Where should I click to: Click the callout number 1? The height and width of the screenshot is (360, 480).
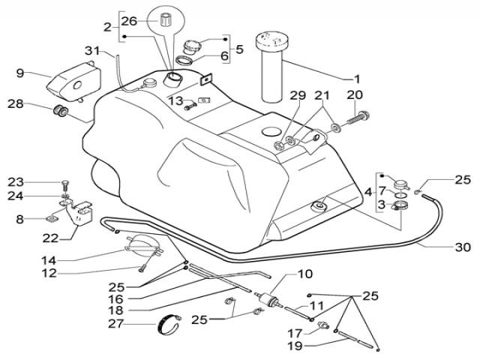click(x=357, y=79)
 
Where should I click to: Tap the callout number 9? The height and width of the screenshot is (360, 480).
click(x=20, y=73)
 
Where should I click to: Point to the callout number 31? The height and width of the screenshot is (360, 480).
click(x=92, y=51)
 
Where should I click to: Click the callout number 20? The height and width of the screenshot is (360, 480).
click(x=354, y=94)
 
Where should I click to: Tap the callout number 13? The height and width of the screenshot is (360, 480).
click(x=174, y=100)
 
